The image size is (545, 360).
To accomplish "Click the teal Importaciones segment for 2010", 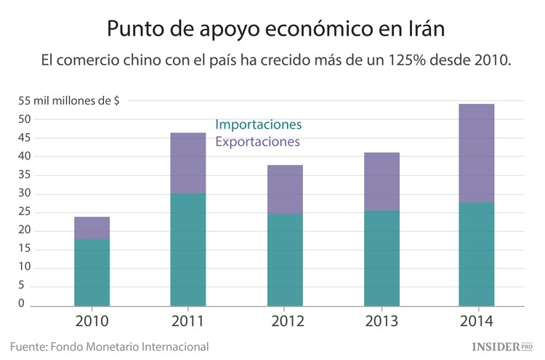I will click(92, 272).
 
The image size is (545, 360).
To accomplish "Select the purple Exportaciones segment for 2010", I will click(92, 228).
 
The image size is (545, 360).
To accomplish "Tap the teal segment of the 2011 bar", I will click(188, 249).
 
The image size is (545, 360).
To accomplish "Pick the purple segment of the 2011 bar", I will click(188, 163).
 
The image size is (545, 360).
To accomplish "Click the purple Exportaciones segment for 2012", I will click(285, 189).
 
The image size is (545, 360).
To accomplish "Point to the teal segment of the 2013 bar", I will click(381, 258).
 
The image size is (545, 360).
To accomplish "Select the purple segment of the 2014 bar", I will click(477, 153).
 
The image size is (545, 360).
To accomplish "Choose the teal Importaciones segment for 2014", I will click(477, 254).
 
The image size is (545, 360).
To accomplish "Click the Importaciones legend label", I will click(258, 124).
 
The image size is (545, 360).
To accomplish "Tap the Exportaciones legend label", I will click(257, 142).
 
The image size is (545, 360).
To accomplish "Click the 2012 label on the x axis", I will click(285, 321).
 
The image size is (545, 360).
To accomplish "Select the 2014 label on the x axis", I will click(477, 321).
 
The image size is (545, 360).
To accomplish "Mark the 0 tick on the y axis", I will click(22, 304).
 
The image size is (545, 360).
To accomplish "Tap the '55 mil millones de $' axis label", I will click(69, 101).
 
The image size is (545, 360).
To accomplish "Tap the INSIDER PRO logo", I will click(502, 347).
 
